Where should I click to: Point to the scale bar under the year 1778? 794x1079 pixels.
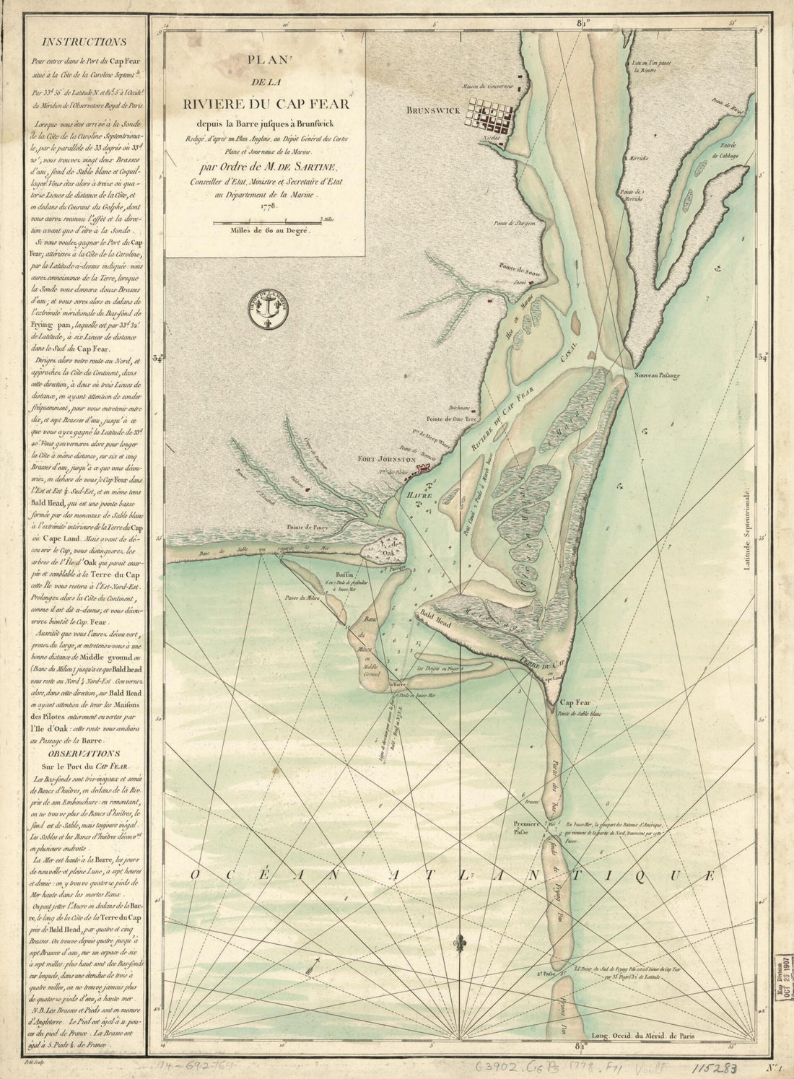coord(267,219)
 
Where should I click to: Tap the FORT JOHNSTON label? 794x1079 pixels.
coord(388,458)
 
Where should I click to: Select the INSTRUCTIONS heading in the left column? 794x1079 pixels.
coord(84,43)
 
